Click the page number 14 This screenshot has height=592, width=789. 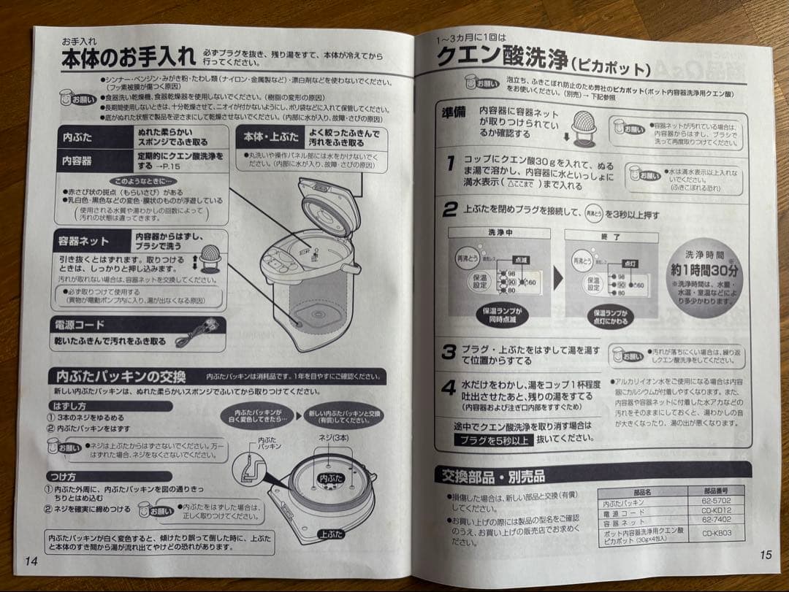pyautogui.click(x=31, y=561)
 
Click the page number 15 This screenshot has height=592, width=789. pyautogui.click(x=765, y=555)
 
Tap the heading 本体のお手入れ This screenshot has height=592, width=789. pyautogui.click(x=129, y=56)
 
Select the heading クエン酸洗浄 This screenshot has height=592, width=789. pyautogui.click(x=500, y=57)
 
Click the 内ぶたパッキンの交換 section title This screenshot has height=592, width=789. pyautogui.click(x=121, y=377)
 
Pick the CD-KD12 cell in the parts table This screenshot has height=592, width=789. pyautogui.click(x=716, y=511)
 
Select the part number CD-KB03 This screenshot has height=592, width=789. pyautogui.click(x=716, y=534)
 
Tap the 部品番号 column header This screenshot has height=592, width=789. pyautogui.click(x=716, y=492)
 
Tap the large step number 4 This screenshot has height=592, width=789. pyautogui.click(x=449, y=388)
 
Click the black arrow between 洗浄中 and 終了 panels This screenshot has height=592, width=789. pyautogui.click(x=557, y=277)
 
